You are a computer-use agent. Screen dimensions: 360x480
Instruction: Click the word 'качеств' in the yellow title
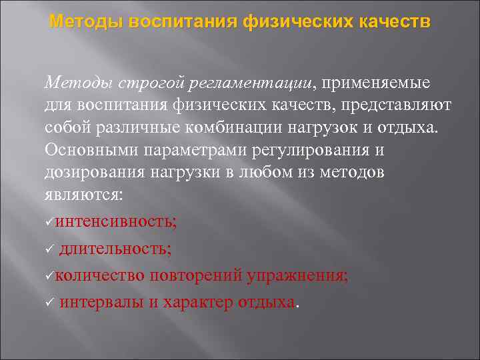point(397,23)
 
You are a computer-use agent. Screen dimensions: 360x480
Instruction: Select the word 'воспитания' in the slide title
point(173,23)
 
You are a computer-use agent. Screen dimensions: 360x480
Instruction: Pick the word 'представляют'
point(385,105)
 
